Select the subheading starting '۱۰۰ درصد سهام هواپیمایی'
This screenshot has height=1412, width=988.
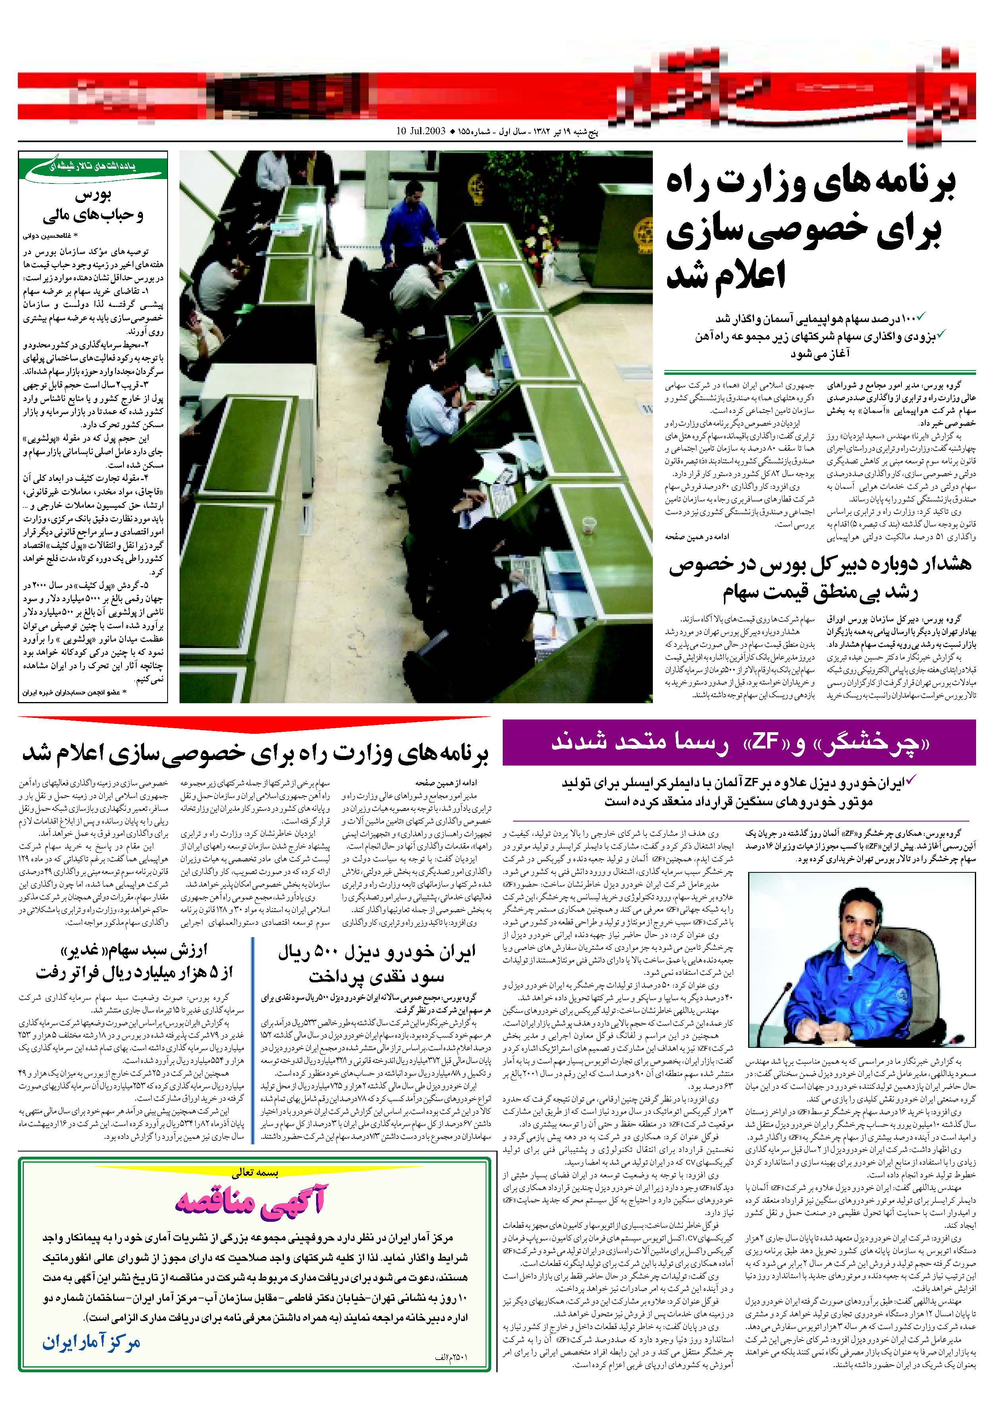tap(818, 318)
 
